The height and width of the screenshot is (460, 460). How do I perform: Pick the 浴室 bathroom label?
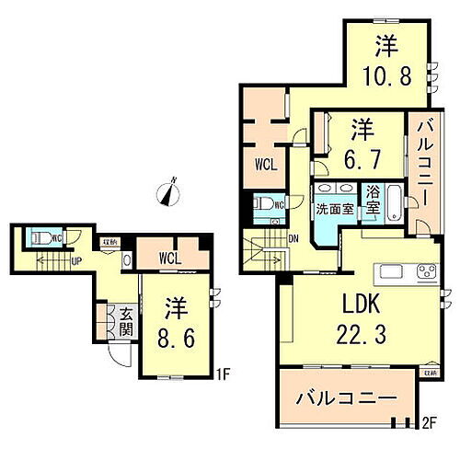pyautogui.click(x=374, y=201)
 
